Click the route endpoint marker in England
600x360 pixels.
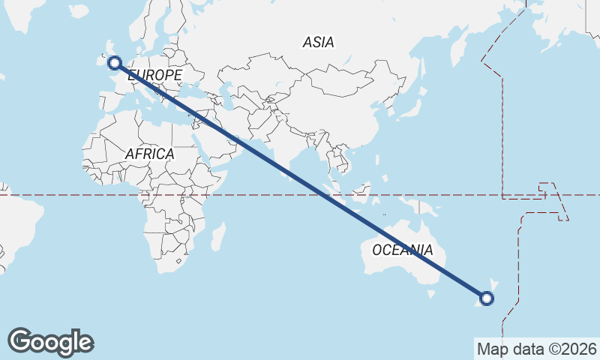click(x=115, y=63)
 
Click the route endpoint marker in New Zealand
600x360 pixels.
click(x=487, y=298)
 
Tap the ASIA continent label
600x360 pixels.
click(x=318, y=43)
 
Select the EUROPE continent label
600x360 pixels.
click(x=155, y=76)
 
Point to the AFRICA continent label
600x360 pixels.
click(x=149, y=154)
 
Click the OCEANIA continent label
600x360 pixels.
click(x=403, y=250)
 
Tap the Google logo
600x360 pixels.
click(x=50, y=342)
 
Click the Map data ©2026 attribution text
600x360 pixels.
click(x=536, y=349)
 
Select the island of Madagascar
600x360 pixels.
click(x=218, y=235)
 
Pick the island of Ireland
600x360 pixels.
click(x=101, y=58)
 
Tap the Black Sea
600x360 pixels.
click(x=196, y=84)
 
